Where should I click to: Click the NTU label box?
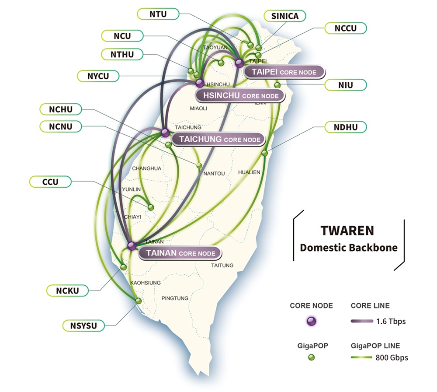[158, 14]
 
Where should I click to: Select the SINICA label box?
[285, 16]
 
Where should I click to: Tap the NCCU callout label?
[345, 28]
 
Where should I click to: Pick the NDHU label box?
[345, 128]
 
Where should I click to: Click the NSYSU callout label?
[83, 325]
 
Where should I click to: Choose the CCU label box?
[50, 181]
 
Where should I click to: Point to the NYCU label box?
[97, 76]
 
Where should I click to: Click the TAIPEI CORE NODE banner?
[284, 72]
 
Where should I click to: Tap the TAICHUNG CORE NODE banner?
[218, 140]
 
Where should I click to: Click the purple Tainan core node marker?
[132, 246]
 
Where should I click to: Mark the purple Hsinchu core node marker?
[199, 83]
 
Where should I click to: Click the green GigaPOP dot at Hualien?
[264, 153]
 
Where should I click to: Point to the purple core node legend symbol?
[311, 322]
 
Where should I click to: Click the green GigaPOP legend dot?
[311, 357]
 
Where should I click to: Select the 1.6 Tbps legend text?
[390, 322]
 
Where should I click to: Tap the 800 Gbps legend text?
[391, 357]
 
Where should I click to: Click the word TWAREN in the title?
[347, 231]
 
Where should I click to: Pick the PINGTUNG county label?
[175, 298]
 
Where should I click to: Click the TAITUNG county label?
[222, 266]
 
